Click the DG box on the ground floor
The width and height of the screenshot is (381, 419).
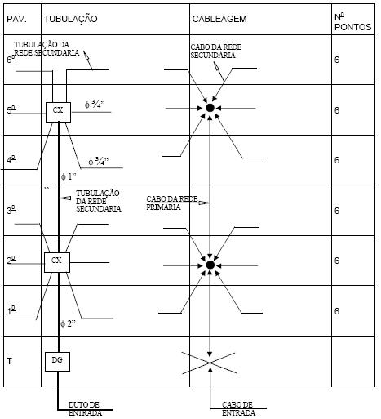click(57, 362)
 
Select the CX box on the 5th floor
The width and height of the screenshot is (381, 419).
click(58, 112)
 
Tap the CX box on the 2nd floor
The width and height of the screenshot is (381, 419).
click(57, 262)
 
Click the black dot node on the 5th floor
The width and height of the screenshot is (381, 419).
click(210, 108)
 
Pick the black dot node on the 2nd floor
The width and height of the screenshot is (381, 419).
click(210, 265)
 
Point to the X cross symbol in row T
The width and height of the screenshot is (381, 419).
click(209, 363)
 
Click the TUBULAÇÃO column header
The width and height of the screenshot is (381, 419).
click(71, 19)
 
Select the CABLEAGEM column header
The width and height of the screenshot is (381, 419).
click(219, 19)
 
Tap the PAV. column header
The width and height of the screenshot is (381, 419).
click(18, 19)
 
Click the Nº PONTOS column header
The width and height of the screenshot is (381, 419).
click(352, 22)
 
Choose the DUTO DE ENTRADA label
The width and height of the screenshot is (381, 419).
click(85, 408)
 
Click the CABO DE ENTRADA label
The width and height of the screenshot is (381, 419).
click(238, 408)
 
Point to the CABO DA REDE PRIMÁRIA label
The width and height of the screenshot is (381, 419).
click(172, 203)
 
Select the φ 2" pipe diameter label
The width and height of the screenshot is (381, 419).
click(68, 323)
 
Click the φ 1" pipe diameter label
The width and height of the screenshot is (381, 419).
click(68, 176)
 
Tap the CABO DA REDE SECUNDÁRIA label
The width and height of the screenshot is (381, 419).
click(215, 51)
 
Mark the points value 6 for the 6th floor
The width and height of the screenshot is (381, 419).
click(337, 60)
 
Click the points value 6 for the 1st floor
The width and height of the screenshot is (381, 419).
click(337, 311)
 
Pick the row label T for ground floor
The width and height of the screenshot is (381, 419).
click(10, 361)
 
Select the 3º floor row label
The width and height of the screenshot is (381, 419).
click(11, 210)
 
